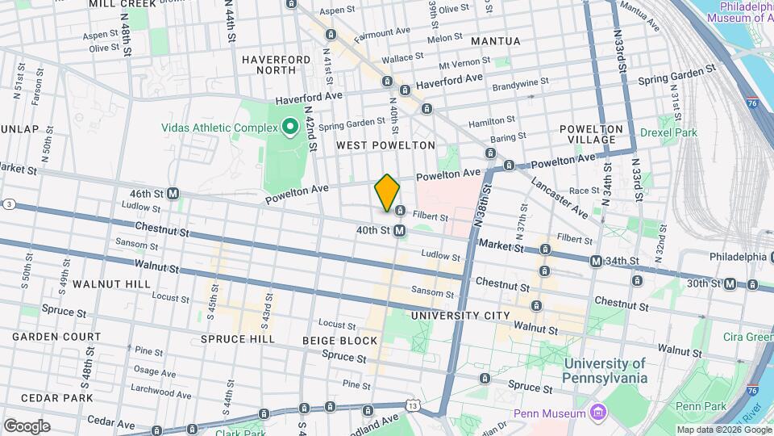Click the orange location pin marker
click(387, 192)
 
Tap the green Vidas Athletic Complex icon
click(289, 128)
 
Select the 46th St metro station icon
click(173, 194)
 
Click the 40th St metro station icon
click(400, 231)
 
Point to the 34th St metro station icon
click(596, 262)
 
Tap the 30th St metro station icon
click(730, 283)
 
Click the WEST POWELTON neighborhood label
click(385, 145)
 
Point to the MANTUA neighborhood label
click(496, 40)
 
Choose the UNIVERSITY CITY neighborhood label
click(460, 315)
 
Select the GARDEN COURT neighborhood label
click(56, 337)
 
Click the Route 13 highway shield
click(413, 403)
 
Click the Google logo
click(27, 426)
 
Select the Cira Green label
click(747, 337)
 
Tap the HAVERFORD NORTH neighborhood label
click(276, 65)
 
